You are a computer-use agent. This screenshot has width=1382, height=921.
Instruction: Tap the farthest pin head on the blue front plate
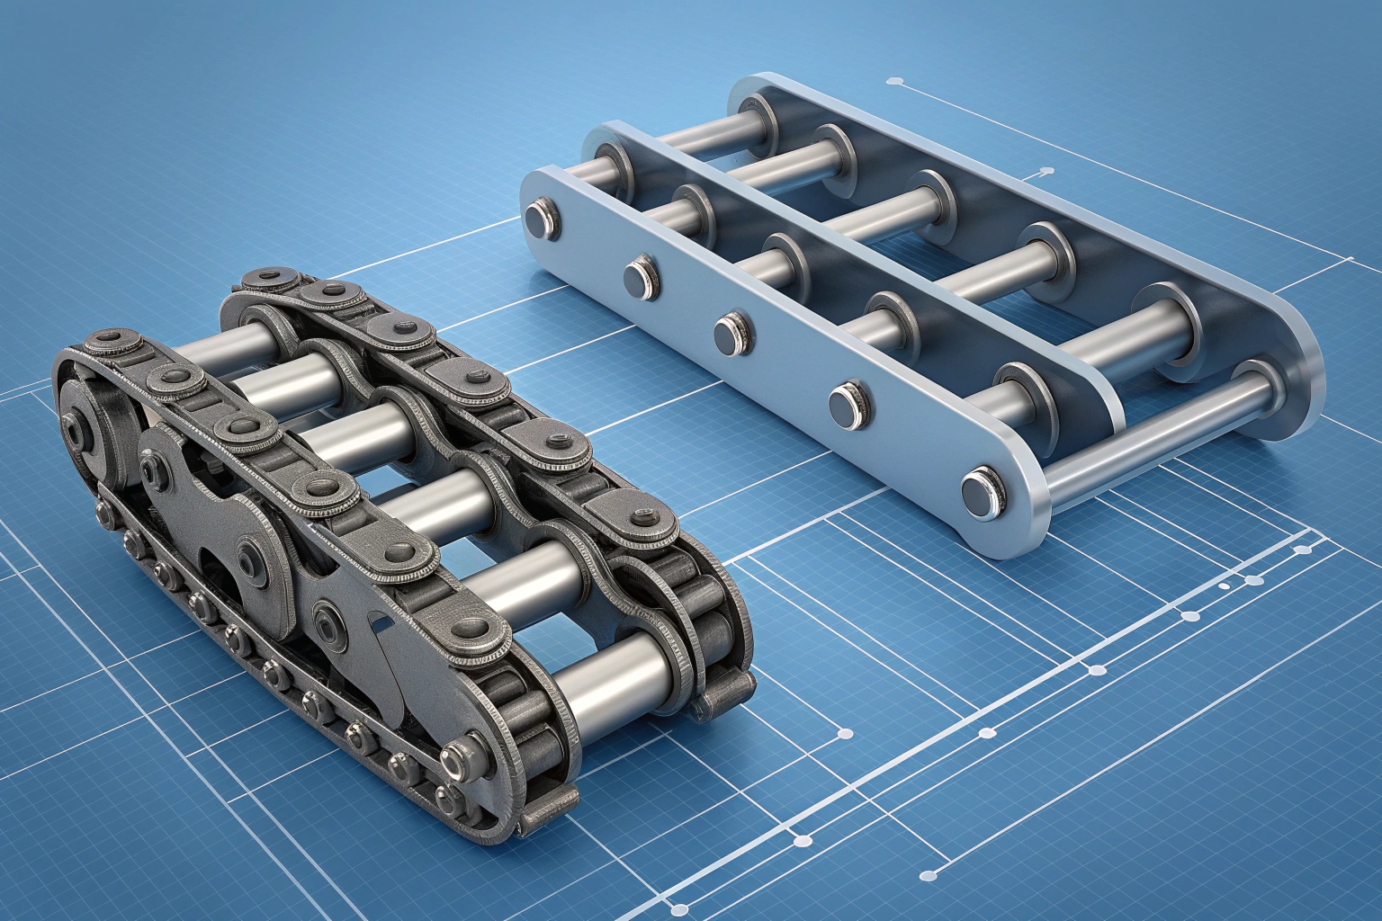click(x=540, y=218)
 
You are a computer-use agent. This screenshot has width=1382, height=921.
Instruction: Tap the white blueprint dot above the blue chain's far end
click(x=895, y=82)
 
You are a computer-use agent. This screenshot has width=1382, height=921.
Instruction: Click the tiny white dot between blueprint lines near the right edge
click(x=1225, y=586)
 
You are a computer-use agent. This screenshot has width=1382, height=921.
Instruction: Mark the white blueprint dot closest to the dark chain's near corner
click(x=845, y=734)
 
